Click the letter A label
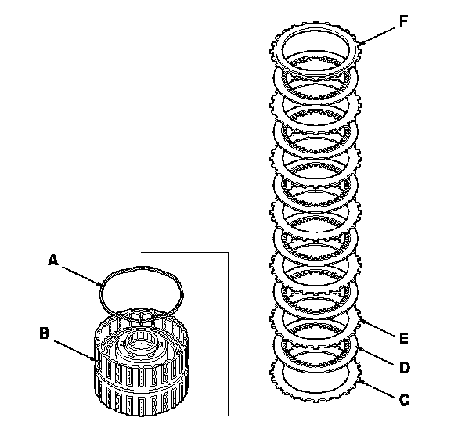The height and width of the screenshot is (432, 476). click(53, 261)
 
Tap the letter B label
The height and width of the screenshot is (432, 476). click(45, 333)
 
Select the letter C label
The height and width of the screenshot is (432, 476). click(404, 400)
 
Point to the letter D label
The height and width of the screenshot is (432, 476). click(405, 368)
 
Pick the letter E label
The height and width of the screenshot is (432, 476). click(404, 338)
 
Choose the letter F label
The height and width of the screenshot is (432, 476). click(403, 21)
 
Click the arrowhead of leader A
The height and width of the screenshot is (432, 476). click(100, 285)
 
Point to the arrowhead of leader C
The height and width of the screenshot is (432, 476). click(360, 381)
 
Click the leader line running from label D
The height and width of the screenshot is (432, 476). click(377, 357)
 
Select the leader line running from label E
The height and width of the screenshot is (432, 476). click(377, 328)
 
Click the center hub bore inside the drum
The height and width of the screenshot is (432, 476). click(142, 341)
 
